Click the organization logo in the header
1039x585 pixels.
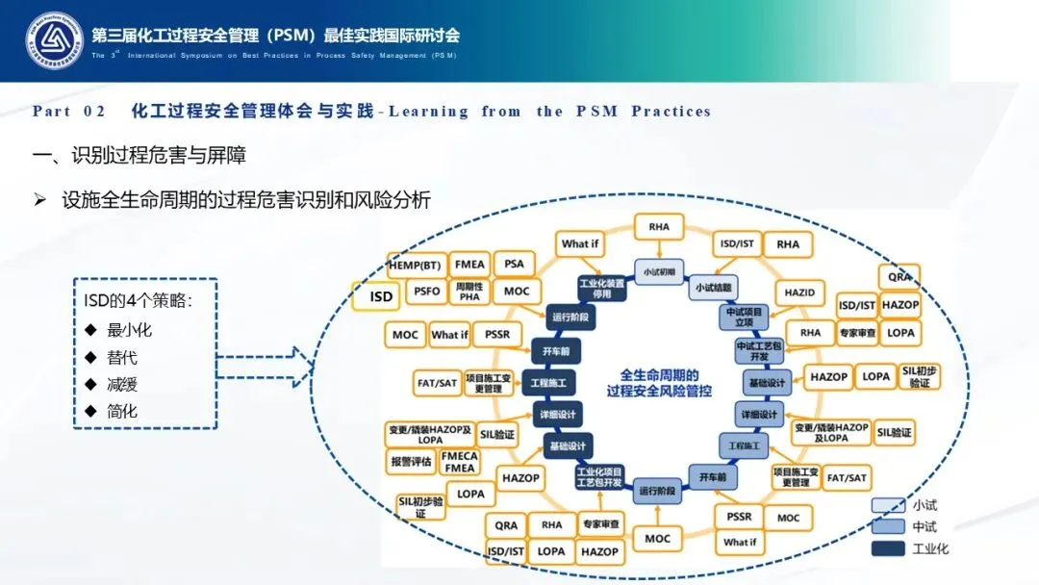(54, 40)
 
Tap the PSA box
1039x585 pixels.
(515, 264)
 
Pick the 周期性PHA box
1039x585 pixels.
(469, 291)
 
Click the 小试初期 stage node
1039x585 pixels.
(658, 270)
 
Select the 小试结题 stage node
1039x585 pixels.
(713, 287)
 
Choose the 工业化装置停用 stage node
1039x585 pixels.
(602, 288)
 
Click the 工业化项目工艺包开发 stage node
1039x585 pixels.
(599, 477)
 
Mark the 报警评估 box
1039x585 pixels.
(411, 461)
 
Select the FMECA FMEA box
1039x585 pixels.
(460, 462)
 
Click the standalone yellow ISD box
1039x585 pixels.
(381, 296)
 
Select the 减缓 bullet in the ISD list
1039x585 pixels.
(122, 384)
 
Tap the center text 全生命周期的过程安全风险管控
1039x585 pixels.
(659, 383)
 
